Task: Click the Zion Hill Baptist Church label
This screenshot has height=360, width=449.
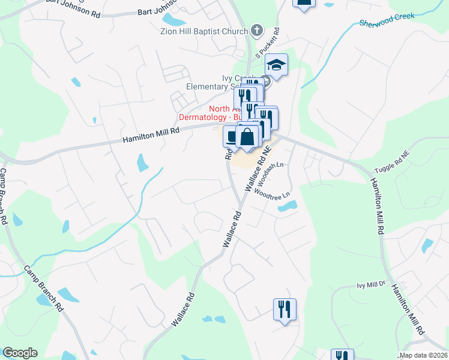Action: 204,31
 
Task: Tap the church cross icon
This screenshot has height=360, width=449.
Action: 257,30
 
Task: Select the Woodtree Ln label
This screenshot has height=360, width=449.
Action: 272,193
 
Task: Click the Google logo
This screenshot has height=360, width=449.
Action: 20,352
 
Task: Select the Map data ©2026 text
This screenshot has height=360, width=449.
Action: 423,355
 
